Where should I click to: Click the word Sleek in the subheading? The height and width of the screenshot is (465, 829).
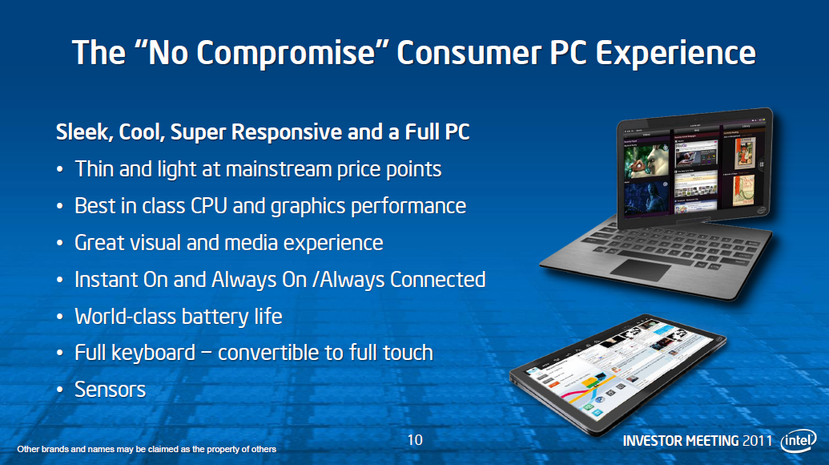(82, 132)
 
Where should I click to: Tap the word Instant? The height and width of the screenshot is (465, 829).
(105, 279)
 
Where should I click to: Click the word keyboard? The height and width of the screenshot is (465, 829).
(163, 353)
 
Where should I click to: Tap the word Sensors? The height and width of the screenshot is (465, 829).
(110, 390)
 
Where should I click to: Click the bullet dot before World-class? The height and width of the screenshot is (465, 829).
(60, 317)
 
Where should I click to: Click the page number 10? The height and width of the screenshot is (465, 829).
(414, 439)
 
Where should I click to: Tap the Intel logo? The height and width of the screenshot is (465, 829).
(799, 441)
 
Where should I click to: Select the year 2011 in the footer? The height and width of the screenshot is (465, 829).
(757, 442)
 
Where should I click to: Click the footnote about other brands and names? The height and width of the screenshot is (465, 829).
(147, 449)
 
